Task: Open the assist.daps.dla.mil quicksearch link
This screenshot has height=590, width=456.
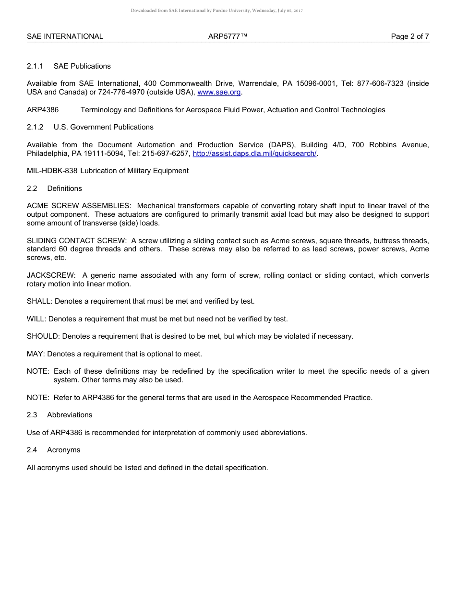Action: click(x=254, y=153)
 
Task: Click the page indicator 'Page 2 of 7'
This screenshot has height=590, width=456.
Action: click(x=410, y=36)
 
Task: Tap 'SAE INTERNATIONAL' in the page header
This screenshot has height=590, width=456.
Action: click(x=65, y=36)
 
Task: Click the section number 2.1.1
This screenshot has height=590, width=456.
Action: click(x=35, y=66)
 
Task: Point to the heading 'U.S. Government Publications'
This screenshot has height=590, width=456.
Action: click(x=104, y=127)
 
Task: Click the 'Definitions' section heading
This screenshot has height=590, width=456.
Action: click(x=64, y=189)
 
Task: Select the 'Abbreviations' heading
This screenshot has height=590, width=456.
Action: click(x=70, y=415)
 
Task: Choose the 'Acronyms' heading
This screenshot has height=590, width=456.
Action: click(x=63, y=450)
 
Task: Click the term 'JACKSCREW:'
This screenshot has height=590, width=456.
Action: click(x=51, y=275)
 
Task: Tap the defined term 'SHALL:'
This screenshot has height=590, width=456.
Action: click(x=40, y=301)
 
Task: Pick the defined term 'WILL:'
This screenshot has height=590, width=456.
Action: click(x=36, y=319)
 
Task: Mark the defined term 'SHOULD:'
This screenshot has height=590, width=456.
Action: click(x=43, y=336)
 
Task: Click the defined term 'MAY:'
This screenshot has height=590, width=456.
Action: click(x=36, y=354)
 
